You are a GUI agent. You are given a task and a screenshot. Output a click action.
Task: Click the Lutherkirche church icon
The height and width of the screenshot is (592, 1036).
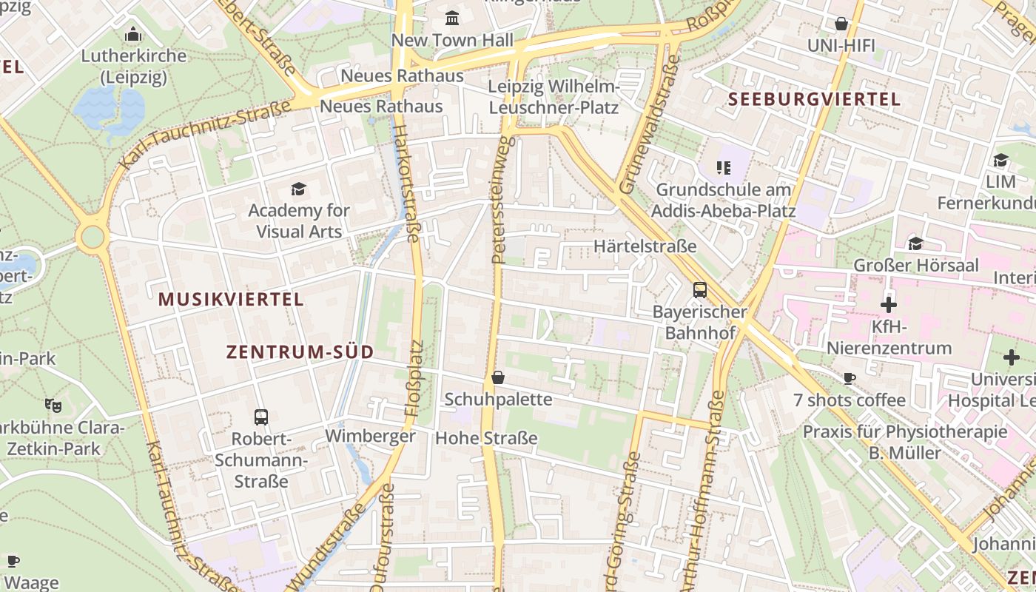(x=133, y=34)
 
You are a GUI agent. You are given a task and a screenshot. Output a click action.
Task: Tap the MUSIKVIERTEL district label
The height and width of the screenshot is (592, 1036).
(x=231, y=300)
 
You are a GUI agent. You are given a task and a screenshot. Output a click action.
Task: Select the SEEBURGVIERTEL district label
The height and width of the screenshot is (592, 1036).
(x=814, y=99)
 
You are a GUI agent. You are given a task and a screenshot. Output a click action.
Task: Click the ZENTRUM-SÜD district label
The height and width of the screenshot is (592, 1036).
(x=300, y=352)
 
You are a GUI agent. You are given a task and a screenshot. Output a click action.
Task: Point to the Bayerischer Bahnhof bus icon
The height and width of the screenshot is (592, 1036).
(x=699, y=290)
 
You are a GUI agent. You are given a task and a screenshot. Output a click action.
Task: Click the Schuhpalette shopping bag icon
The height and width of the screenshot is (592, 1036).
(x=498, y=377)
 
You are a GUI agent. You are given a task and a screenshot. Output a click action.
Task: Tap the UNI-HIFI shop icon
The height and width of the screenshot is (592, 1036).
(x=841, y=24)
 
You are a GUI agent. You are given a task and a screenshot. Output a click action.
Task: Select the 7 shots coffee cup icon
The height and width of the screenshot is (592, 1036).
(x=850, y=379)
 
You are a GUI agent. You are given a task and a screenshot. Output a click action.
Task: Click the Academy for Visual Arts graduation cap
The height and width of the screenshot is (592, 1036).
(x=298, y=189)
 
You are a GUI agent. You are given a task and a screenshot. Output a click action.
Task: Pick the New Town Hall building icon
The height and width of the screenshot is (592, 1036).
(x=451, y=18)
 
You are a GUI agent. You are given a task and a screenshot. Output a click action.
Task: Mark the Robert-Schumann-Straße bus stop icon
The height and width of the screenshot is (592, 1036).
(x=261, y=417)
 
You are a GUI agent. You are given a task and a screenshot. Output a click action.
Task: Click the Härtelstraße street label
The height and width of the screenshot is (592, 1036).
(x=645, y=246)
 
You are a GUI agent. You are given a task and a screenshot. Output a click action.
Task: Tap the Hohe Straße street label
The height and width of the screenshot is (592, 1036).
(x=486, y=438)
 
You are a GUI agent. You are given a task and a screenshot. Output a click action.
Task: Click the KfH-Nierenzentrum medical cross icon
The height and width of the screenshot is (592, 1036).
(x=889, y=305)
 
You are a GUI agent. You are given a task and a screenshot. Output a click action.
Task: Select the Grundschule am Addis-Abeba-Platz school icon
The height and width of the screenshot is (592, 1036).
(x=722, y=168)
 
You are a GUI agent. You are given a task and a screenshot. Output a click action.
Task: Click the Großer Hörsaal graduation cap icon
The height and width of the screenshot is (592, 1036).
(x=915, y=243)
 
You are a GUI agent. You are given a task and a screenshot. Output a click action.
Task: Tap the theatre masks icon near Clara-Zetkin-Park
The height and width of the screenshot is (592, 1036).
(x=53, y=405)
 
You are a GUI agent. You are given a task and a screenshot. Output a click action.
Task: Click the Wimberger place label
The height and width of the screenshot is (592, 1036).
(x=370, y=436)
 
